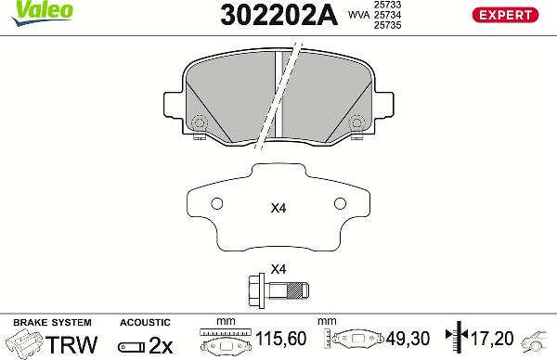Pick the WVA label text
357,15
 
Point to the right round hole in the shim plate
338,204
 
